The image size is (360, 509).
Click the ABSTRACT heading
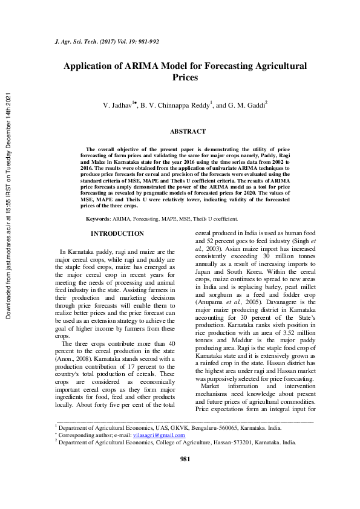pyautogui.click(x=183, y=131)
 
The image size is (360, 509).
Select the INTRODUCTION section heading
pyautogui.click(x=117, y=233)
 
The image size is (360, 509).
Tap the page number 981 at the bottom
pyautogui.click(x=186, y=493)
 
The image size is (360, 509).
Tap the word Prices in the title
pyautogui.click(x=185, y=78)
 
